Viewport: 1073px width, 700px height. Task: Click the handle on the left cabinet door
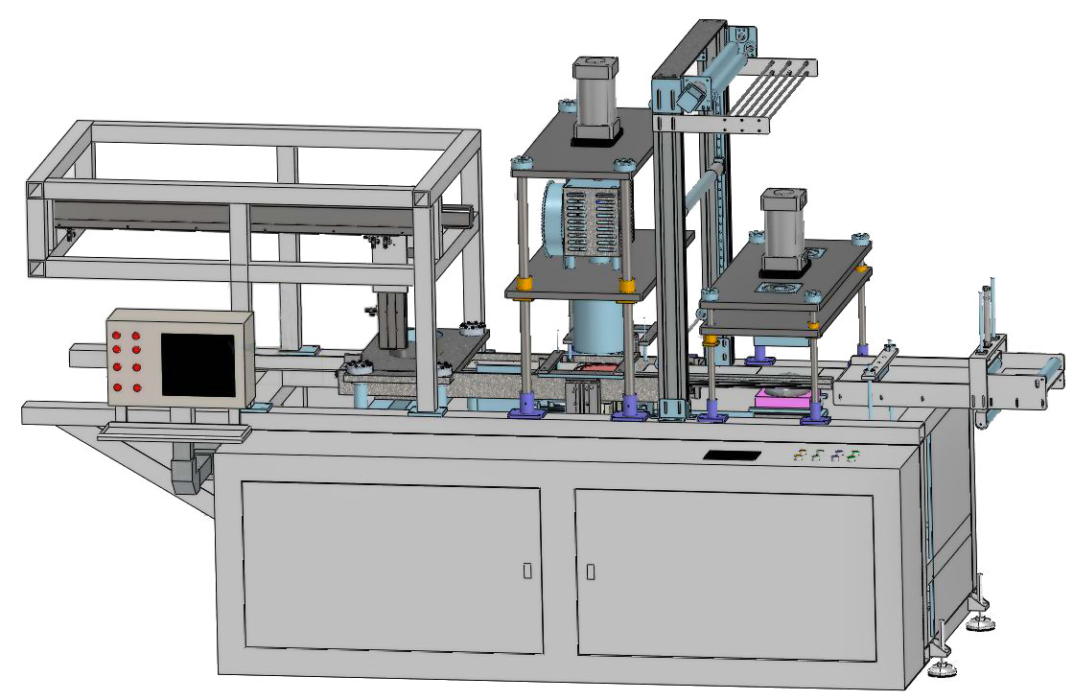[x=527, y=571]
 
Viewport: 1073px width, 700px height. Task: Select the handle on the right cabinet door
[x=591, y=571]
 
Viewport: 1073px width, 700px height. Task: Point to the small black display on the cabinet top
[x=733, y=454]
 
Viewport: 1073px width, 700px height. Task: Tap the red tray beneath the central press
[x=596, y=367]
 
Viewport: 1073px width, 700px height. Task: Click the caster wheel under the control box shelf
[x=188, y=474]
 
